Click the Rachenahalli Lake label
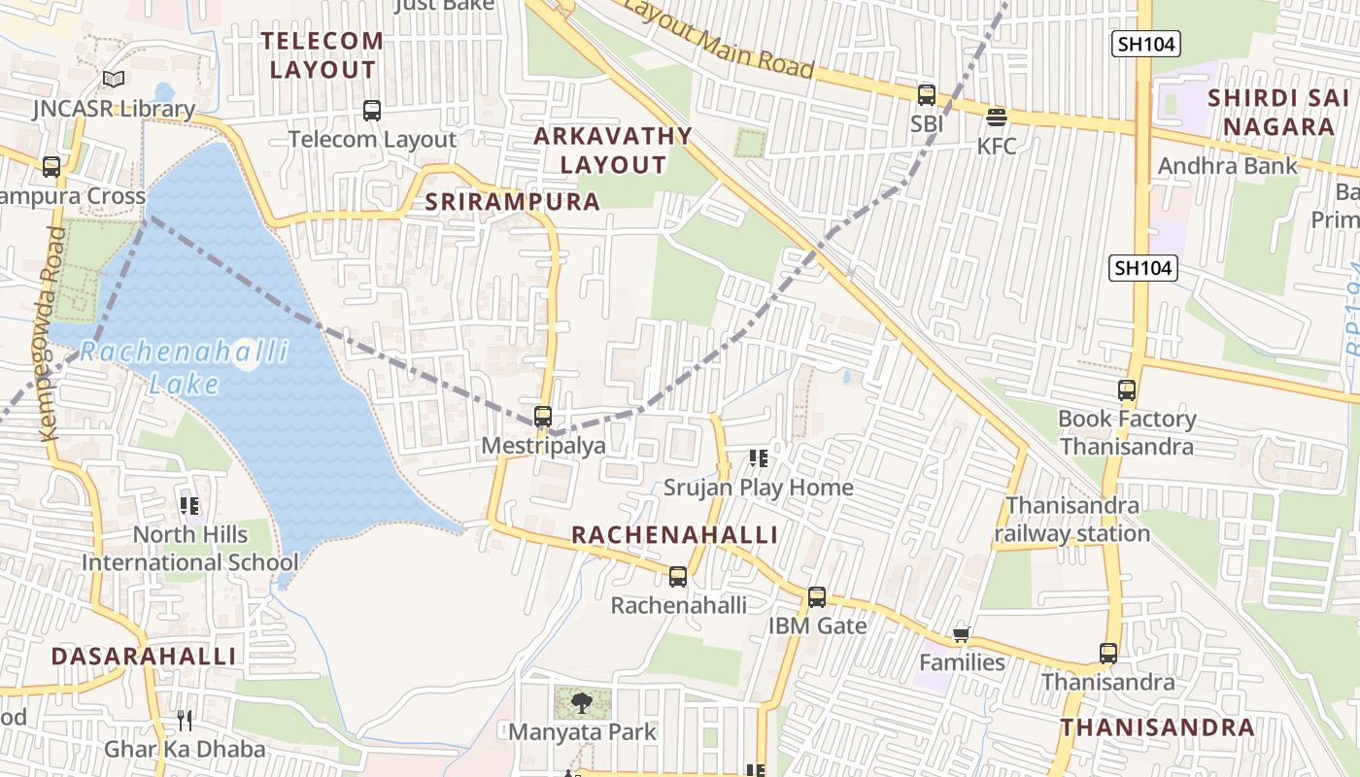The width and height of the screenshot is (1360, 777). click(185, 366)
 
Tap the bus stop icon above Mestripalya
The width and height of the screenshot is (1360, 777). click(543, 417)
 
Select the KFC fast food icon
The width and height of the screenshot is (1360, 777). click(997, 118)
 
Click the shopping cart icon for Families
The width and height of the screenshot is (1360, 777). click(961, 634)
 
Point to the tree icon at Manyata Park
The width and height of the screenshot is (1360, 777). click(582, 703)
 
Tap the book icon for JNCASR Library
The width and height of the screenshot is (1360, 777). click(114, 79)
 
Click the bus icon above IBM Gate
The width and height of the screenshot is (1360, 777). click(817, 596)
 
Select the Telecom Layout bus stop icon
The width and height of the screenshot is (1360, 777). click(372, 111)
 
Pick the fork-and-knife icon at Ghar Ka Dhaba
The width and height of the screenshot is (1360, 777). click(185, 720)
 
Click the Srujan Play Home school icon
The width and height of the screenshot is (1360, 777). click(759, 457)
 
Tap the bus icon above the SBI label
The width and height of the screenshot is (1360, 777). click(927, 95)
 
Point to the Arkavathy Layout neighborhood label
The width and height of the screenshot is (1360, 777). click(613, 151)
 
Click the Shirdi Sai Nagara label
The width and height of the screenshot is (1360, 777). click(1278, 113)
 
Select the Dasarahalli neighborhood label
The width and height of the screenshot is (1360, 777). click(143, 656)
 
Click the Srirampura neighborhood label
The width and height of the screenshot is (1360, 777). click(513, 202)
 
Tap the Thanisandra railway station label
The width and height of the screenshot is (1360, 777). click(1072, 520)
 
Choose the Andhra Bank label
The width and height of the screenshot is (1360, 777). click(1227, 166)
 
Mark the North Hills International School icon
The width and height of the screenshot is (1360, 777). click(189, 505)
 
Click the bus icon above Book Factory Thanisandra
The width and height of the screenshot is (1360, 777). click(1127, 390)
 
